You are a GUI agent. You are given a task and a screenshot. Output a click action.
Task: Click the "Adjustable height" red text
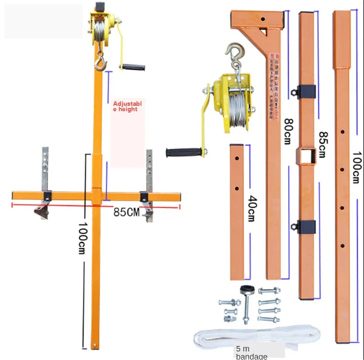[127, 106]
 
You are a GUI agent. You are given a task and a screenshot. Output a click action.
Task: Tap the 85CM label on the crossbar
[127, 212]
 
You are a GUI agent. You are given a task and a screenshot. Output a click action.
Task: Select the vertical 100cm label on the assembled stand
[82, 238]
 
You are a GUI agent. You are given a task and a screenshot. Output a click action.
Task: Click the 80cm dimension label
[287, 131]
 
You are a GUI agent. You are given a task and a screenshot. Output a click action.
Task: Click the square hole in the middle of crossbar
[305, 157]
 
